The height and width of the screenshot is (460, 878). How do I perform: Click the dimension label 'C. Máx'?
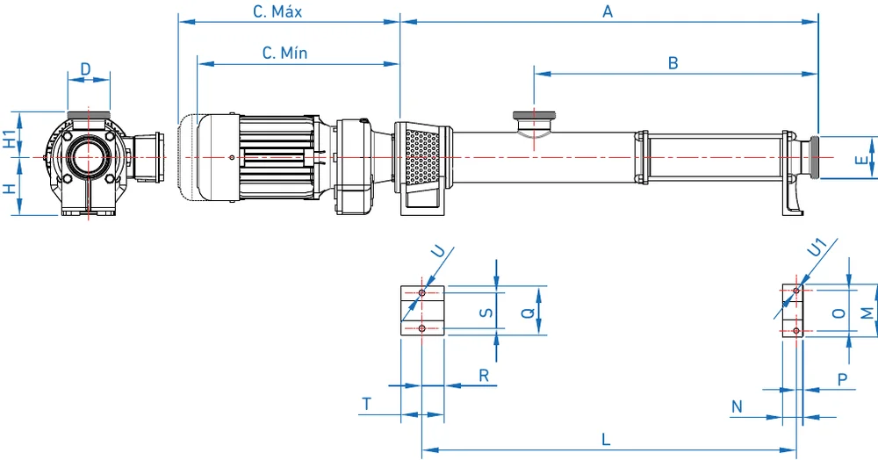click(277, 11)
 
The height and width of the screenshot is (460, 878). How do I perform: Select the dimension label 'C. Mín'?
click(284, 54)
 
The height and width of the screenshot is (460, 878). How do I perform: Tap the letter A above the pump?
click(608, 11)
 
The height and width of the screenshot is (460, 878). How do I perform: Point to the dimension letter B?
click(673, 62)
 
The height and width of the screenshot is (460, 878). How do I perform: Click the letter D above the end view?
click(85, 68)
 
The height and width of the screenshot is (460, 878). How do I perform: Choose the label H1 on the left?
click(10, 139)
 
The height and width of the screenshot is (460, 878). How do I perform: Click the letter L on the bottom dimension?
click(606, 439)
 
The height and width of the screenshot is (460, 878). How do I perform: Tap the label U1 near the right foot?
click(817, 247)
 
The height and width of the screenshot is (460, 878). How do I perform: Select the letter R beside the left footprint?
click(484, 376)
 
